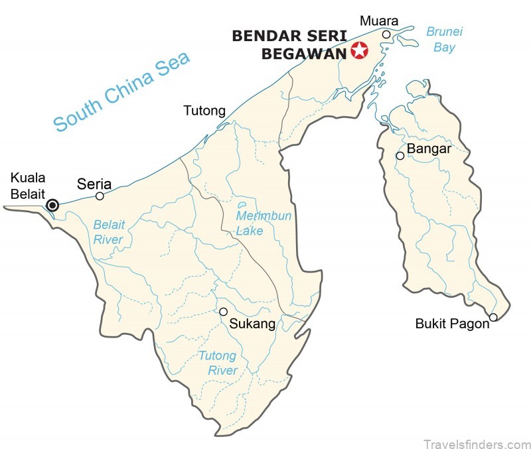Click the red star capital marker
[x=359, y=50]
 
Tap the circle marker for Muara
[x=386, y=34]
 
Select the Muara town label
[x=374, y=21]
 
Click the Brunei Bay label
[x=444, y=39]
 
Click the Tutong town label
[x=204, y=111]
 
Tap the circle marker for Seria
[x=100, y=196]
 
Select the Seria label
[x=94, y=183]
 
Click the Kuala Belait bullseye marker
[x=52, y=206]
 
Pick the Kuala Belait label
[x=27, y=185]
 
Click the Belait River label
[x=109, y=231]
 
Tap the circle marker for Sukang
[x=224, y=312]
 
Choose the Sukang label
[x=252, y=324]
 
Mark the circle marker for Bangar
[x=400, y=156]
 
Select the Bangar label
[x=429, y=149]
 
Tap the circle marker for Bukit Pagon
[x=493, y=317]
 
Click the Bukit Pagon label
[x=452, y=324]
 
